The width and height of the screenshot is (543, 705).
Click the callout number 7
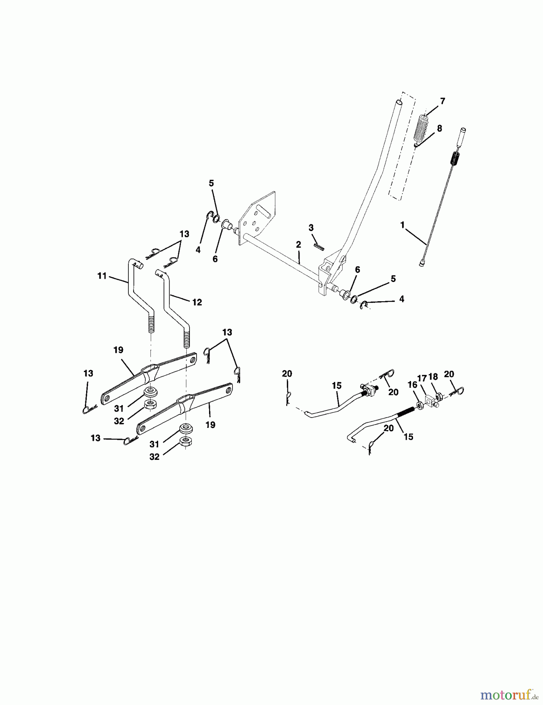coord(442,101)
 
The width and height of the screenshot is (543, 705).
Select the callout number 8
coord(439,128)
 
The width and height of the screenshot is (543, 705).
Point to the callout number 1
coord(402,225)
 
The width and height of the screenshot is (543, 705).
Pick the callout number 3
coord(311,228)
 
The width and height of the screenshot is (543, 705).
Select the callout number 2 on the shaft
coord(298,244)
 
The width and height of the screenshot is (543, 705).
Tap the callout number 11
coord(102,276)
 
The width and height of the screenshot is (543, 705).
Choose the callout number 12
coord(197,302)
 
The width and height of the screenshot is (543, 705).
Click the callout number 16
coord(412,385)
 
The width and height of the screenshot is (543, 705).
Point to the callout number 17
coord(422,378)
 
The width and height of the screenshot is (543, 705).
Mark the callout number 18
coord(433,377)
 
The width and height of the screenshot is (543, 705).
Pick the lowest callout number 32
coord(154,457)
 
